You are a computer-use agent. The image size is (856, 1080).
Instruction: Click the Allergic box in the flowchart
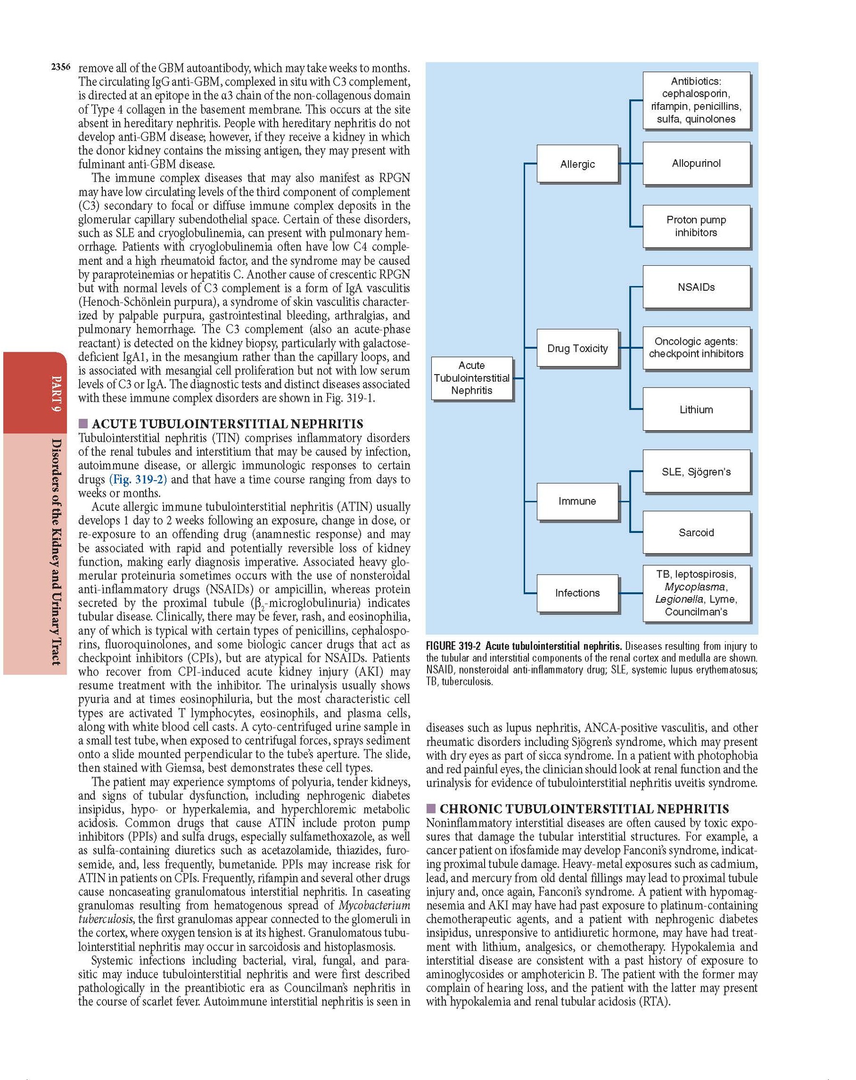(577, 164)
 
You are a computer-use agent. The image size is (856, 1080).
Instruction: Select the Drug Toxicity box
(577, 348)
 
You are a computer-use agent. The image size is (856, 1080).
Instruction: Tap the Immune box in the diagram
(577, 501)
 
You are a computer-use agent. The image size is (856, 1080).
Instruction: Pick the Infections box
(577, 593)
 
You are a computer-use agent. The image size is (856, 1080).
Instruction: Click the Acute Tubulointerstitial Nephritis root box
(471, 378)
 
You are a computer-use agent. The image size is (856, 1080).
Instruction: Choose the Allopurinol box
(696, 164)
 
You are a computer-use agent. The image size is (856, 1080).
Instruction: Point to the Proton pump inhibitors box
(696, 226)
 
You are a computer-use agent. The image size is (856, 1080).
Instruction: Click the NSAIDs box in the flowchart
(696, 287)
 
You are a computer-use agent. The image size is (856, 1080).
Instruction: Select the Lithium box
(696, 409)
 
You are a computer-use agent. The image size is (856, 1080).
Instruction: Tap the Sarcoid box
(696, 532)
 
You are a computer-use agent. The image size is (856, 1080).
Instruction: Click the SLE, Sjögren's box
(696, 472)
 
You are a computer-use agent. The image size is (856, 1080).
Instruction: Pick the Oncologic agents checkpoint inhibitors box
(696, 347)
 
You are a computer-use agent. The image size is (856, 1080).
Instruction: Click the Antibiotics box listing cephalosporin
(696, 100)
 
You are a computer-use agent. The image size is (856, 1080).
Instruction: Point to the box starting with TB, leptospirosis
(696, 593)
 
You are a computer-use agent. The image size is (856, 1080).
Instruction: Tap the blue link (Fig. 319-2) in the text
(138, 479)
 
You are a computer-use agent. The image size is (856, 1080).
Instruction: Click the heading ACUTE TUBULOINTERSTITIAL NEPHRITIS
(227, 424)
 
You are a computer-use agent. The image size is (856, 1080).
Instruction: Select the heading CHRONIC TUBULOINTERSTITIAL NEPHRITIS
(584, 809)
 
